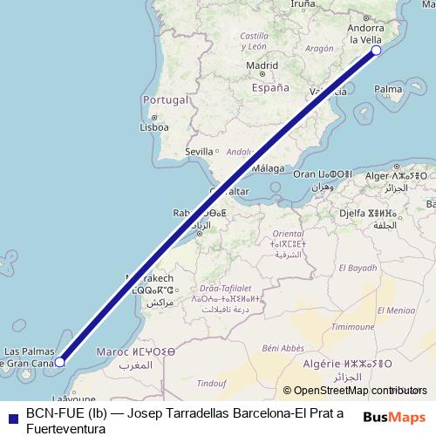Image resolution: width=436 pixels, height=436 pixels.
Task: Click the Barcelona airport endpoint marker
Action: tap(377, 51)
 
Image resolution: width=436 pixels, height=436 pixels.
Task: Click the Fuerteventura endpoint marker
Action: tap(60, 361)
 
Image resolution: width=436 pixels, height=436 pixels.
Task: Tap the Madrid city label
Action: tap(262, 65)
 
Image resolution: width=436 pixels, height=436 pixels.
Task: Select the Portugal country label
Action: tap(166, 99)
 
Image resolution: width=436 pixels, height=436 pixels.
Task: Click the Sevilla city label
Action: tap(199, 151)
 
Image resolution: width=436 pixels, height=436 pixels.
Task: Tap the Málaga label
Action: tap(269, 168)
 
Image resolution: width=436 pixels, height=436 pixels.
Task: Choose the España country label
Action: tap(269, 88)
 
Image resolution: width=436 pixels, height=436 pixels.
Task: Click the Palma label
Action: tap(388, 89)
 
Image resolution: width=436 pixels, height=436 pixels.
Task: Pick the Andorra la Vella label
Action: tap(365, 33)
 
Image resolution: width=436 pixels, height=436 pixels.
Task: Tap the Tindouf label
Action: tap(211, 383)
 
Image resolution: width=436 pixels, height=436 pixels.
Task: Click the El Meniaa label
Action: tap(396, 310)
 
